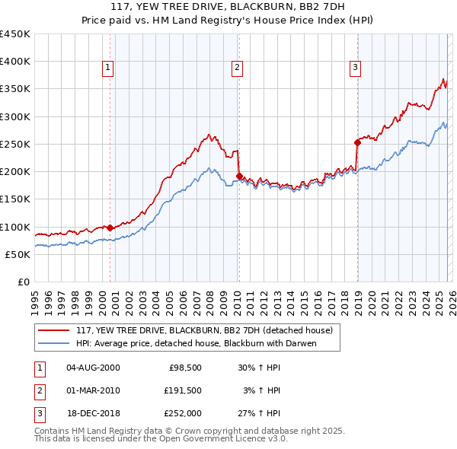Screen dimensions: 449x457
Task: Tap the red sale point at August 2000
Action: coord(110,228)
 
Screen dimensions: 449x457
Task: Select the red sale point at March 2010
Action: coord(238,176)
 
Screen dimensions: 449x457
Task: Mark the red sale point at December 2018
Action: coord(357,142)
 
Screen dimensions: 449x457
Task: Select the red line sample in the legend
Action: coord(54,331)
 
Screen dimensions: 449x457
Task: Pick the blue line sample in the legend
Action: coord(54,343)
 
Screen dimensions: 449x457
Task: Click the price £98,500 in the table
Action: coord(184,368)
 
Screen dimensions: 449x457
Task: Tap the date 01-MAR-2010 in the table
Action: coord(93,390)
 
